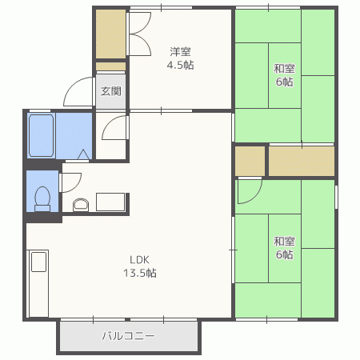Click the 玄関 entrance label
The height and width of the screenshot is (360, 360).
point(110,91)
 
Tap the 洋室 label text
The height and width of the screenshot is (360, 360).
point(180,52)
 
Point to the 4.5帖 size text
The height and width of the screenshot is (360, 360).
point(180,65)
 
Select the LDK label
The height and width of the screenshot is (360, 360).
point(139,259)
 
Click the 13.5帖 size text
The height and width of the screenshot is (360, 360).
point(140,273)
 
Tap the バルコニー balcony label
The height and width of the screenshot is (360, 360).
point(129,336)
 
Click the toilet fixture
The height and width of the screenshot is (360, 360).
point(42,199)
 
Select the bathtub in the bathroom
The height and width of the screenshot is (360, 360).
point(41,135)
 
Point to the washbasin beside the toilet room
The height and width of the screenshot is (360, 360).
point(81,205)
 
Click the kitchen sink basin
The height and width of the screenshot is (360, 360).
point(39,262)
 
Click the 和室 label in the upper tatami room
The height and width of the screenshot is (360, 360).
point(284,69)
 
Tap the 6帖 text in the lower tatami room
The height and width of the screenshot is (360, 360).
point(284,254)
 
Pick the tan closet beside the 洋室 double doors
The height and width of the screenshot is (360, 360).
point(110,34)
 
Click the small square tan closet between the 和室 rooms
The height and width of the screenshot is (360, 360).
point(250,161)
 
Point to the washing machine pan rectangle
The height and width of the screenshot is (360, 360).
point(110,202)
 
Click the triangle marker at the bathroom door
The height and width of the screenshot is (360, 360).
point(83,154)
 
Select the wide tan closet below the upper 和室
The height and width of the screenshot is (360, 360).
point(302,161)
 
